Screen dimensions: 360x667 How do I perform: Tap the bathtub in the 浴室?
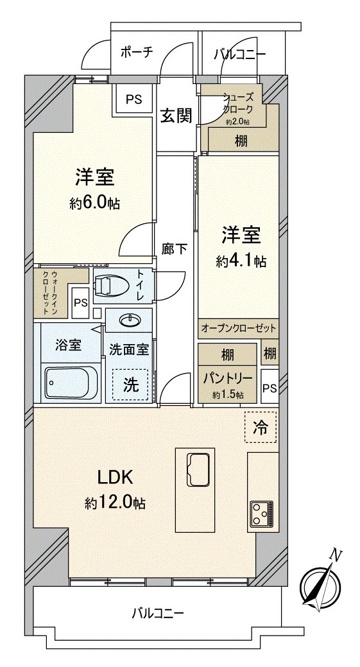(71, 382)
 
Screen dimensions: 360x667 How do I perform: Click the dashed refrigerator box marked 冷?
(261, 427)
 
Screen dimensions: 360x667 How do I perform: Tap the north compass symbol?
(320, 583)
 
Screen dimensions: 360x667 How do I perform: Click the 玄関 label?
(176, 116)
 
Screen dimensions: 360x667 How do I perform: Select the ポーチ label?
(137, 53)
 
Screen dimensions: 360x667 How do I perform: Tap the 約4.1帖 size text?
(241, 262)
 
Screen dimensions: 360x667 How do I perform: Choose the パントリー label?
(228, 377)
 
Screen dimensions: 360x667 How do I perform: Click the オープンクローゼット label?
(238, 328)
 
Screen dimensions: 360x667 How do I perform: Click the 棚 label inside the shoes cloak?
(241, 141)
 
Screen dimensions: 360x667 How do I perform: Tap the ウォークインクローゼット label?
(49, 293)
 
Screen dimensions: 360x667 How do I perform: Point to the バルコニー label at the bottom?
(158, 614)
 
